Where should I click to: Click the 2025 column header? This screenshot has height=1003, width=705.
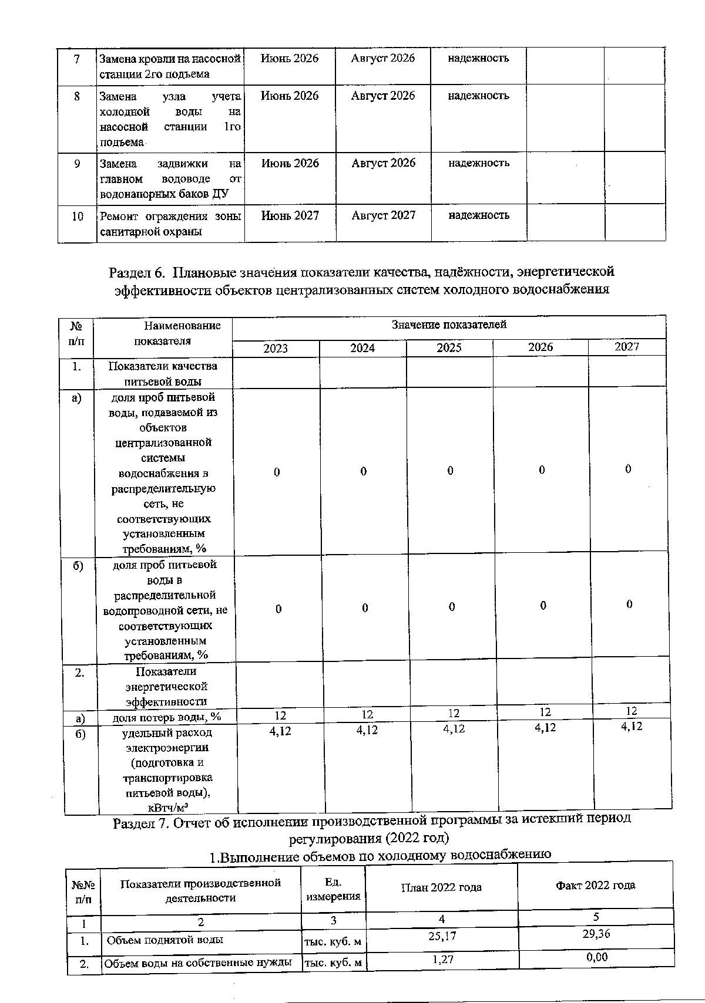pos(449,348)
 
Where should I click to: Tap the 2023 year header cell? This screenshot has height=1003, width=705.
pos(276,349)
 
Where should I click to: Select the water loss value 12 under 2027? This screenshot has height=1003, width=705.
pos(632,711)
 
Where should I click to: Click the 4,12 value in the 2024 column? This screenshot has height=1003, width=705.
pos(367,730)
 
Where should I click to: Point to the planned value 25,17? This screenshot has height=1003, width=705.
pos(442,936)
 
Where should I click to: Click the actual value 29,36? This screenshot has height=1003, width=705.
pos(595,934)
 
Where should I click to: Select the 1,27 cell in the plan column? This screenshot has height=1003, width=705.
pos(442,960)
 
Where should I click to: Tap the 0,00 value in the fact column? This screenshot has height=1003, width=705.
pos(595,957)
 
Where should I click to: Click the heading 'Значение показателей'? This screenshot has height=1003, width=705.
pos(449,325)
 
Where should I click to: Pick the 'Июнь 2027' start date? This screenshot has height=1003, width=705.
pos(290,215)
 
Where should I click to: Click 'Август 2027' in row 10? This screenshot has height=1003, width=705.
pos(383,215)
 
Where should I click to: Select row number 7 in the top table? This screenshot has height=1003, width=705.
pos(77,59)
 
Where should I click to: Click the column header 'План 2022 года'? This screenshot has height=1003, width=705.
pos(441,887)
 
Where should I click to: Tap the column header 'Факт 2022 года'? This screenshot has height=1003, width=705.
pos(595,885)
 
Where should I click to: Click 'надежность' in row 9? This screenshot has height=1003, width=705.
pos(479,163)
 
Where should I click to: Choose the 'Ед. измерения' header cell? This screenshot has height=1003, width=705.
pos(333,889)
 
